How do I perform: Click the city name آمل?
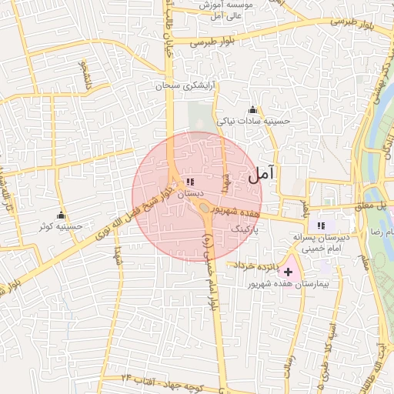(262, 175)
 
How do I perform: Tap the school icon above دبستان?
(189, 182)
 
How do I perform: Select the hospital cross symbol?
(289, 272)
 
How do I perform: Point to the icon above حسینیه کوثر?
(62, 214)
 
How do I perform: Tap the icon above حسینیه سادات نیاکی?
(252, 109)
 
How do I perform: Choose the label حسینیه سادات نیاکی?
(253, 121)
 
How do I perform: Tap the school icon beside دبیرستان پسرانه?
(321, 225)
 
